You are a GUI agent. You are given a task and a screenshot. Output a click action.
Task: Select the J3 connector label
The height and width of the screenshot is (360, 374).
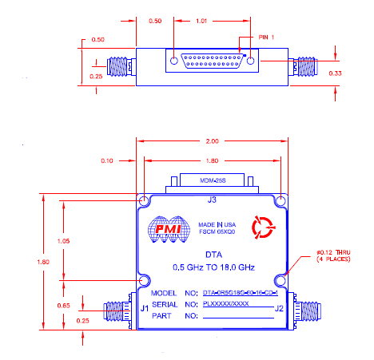point(212,200)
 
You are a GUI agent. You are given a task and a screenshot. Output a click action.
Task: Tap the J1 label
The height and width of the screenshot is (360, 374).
point(144,308)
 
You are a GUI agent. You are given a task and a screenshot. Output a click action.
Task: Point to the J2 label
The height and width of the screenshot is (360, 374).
point(279,308)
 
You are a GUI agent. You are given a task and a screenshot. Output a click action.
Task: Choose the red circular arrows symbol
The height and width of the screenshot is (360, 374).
point(261,228)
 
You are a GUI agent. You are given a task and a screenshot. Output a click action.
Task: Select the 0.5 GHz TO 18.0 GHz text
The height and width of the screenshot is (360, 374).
point(212,267)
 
